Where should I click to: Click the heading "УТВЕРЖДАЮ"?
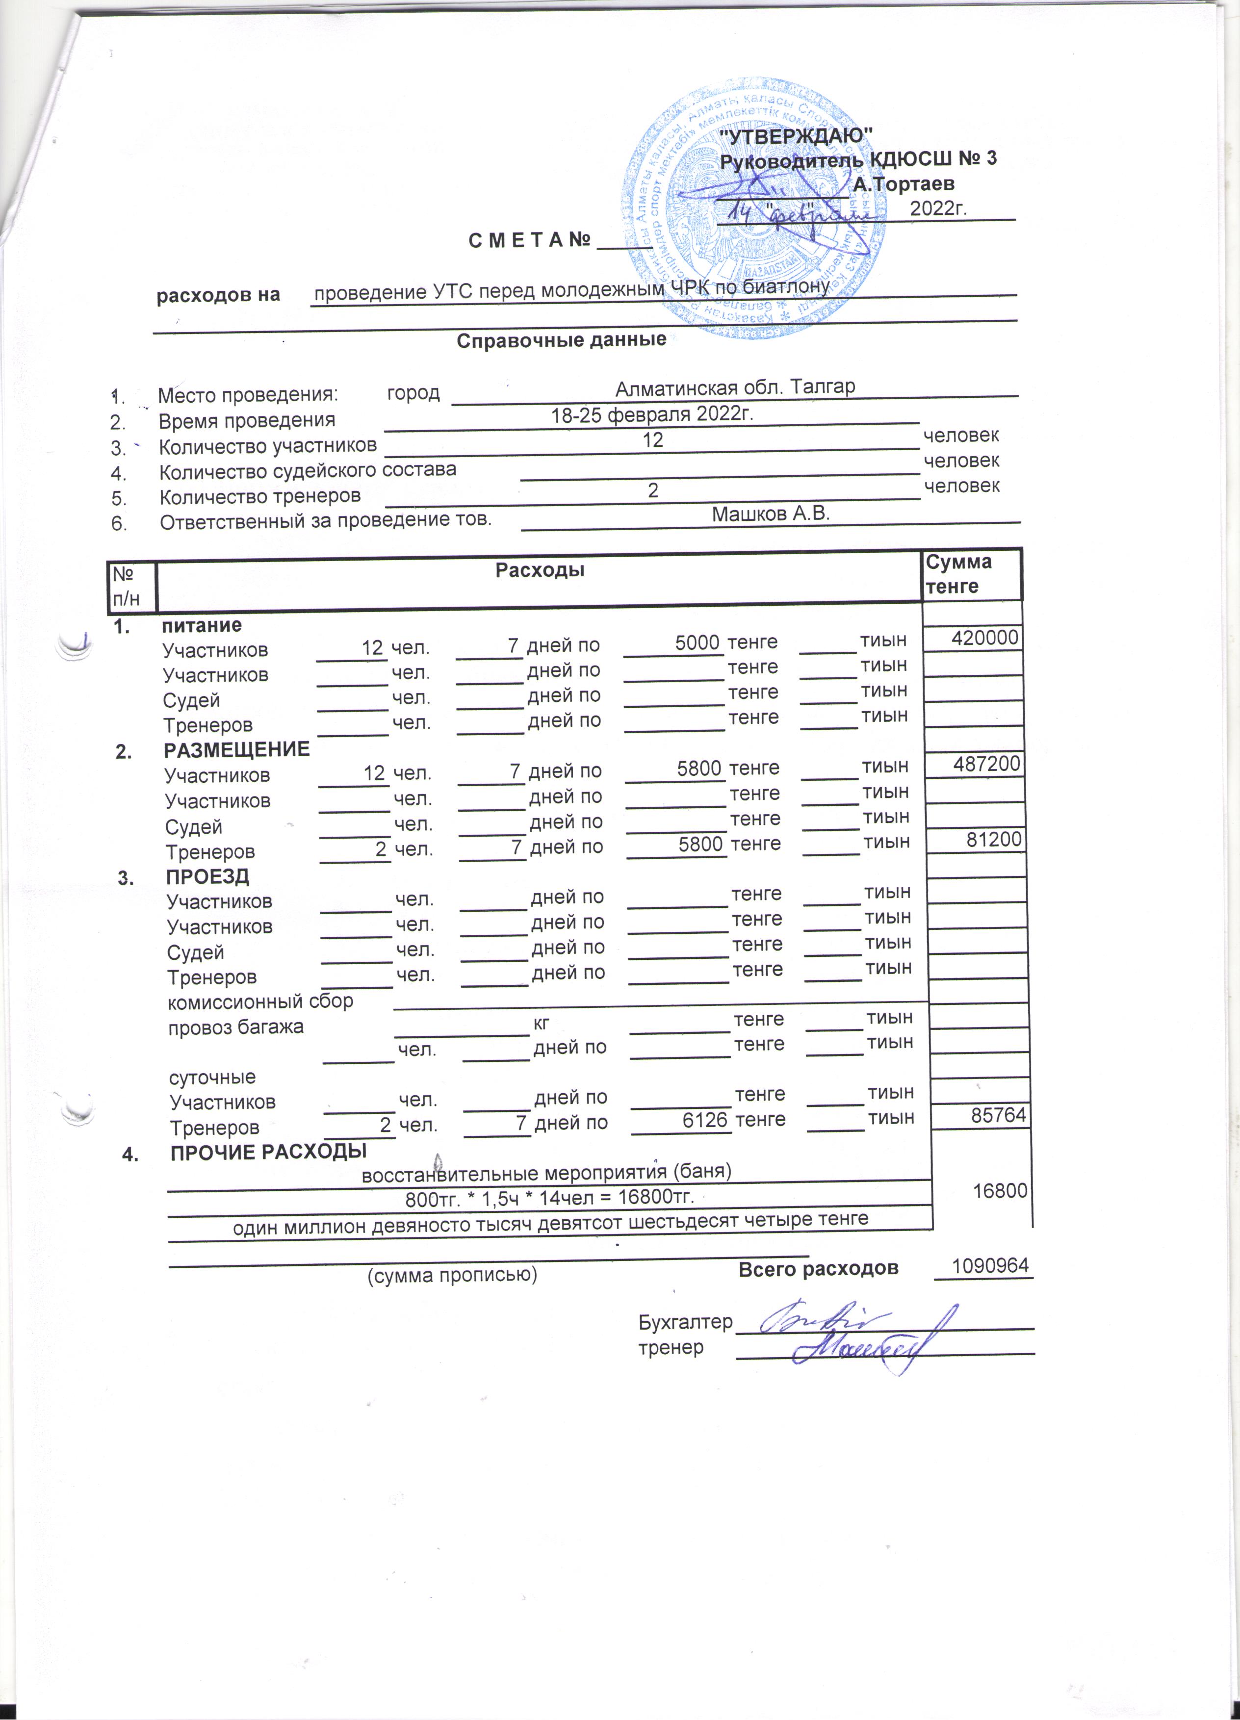pos(795,136)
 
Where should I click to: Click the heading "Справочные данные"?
pos(561,340)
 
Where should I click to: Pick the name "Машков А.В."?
pos(771,513)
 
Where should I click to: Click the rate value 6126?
pos(704,1119)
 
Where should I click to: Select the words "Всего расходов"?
pos(818,1268)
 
